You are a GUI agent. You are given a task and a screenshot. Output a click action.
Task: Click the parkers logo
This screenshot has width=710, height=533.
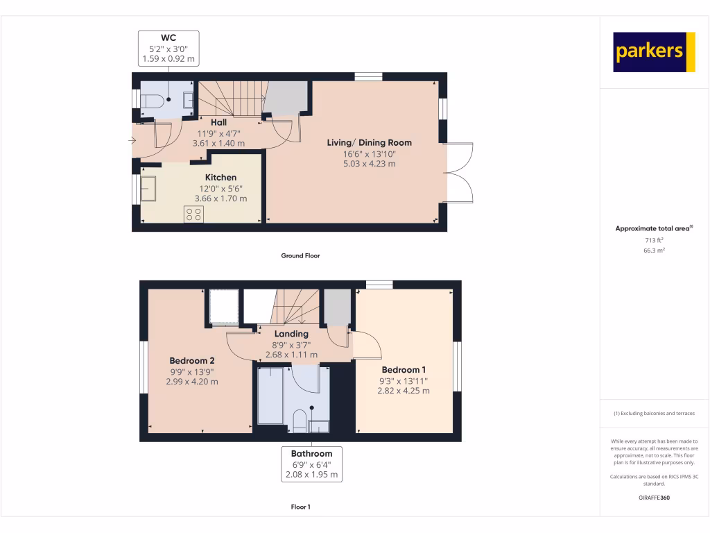click(x=654, y=52)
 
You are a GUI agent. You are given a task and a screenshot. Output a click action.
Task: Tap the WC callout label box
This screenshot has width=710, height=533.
click(x=169, y=49)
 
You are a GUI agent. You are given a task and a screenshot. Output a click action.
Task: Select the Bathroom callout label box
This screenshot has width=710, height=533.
click(x=311, y=464)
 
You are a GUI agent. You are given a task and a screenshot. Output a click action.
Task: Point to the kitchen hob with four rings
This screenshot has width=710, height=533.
click(x=193, y=214)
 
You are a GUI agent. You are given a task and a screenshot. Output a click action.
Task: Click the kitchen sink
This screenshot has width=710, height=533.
click(x=149, y=188)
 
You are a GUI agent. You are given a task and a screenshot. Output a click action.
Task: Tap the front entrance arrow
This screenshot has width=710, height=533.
click(x=132, y=141)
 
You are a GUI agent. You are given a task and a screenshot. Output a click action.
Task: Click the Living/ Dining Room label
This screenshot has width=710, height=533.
click(x=369, y=143)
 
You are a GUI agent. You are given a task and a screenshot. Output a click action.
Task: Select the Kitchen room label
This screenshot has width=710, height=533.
click(x=220, y=178)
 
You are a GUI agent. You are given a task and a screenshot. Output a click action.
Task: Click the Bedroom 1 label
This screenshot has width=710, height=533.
click(x=404, y=370)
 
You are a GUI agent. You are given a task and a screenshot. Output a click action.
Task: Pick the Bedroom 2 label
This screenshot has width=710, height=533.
click(x=192, y=361)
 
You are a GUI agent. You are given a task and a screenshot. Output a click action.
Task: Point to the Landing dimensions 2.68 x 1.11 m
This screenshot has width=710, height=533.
click(x=292, y=355)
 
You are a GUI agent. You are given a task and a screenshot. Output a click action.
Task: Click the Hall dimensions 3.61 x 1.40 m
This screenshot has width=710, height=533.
click(x=218, y=143)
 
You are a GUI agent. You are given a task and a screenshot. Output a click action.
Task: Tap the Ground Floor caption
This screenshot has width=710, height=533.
click(x=300, y=255)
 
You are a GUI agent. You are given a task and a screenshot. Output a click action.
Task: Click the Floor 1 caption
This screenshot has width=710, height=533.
click(x=300, y=507)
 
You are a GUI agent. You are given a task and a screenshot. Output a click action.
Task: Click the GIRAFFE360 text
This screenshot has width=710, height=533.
click(x=654, y=498)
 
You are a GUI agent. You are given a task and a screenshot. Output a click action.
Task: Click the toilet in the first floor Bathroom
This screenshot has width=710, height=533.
click(x=300, y=421)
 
